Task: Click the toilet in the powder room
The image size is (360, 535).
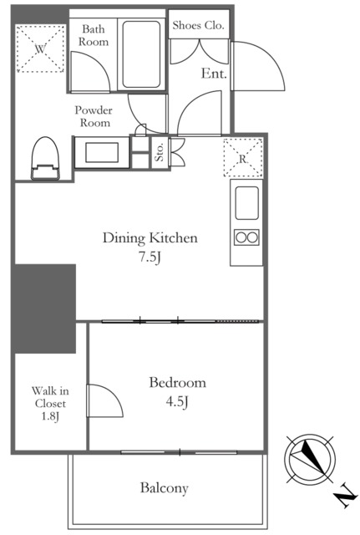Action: tap(45, 158)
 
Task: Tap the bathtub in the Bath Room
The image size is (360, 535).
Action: tap(141, 54)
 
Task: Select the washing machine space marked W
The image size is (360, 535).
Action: tap(40, 48)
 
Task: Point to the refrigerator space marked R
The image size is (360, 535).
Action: tap(243, 158)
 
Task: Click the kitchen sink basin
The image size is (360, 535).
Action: tap(246, 202)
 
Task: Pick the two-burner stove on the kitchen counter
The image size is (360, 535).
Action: tap(246, 237)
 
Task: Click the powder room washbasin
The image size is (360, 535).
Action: tap(102, 152)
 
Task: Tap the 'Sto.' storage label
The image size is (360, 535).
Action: tap(160, 152)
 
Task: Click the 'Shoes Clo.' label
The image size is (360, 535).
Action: tap(198, 25)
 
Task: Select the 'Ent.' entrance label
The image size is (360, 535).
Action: tap(214, 73)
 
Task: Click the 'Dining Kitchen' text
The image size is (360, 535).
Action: tap(150, 237)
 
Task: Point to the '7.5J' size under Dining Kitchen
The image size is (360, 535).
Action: tap(150, 257)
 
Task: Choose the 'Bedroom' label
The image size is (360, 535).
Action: tap(177, 383)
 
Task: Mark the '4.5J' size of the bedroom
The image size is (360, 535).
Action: tap(177, 402)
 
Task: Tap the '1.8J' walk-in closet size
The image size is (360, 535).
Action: tap(50, 416)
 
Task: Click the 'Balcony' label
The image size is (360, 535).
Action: tap(164, 488)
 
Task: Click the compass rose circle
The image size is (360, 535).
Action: tap(310, 460)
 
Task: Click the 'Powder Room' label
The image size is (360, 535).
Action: tap(94, 116)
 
